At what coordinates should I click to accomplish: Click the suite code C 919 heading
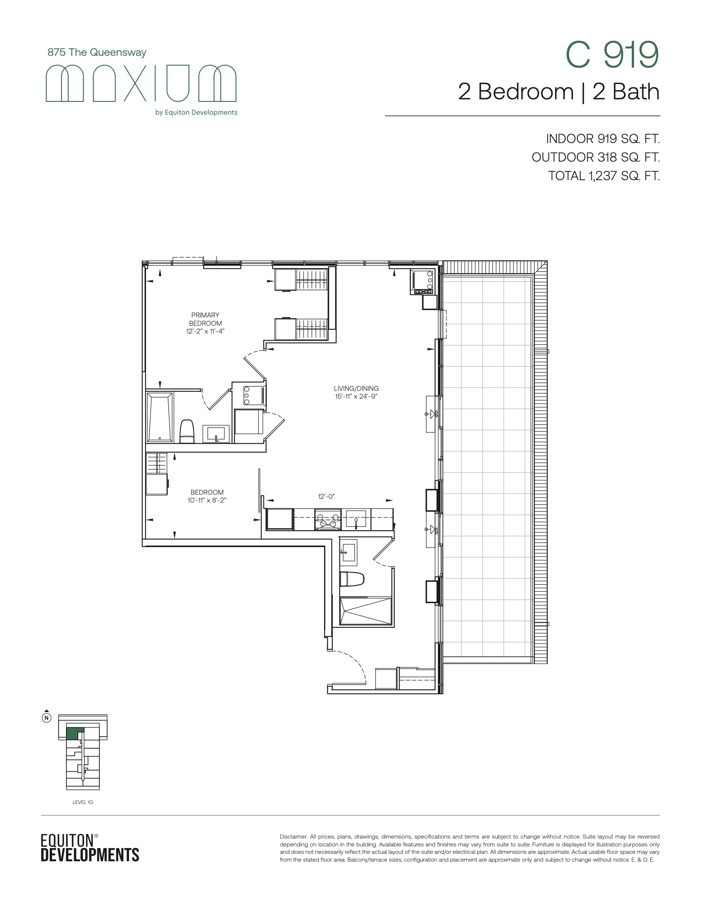coord(612,55)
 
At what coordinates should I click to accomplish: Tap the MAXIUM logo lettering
coord(141,83)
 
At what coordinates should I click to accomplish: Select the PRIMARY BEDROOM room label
coord(205,319)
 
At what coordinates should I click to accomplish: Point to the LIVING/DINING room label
coord(356,388)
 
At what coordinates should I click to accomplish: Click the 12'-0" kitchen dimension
coord(327,497)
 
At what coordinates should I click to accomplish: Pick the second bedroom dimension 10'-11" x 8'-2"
coord(207,500)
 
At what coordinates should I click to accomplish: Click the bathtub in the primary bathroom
coord(160,417)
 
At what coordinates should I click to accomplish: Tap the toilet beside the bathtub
coord(187,431)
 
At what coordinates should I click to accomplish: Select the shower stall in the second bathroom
coord(365,611)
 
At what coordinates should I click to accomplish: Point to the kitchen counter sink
coord(356,519)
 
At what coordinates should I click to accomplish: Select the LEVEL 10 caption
coord(83,802)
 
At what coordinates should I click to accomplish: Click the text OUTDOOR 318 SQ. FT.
coord(595,157)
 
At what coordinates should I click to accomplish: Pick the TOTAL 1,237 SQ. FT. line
coord(604,176)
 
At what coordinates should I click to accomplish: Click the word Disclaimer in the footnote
coord(294,837)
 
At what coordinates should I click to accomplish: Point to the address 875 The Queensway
coord(97,52)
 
